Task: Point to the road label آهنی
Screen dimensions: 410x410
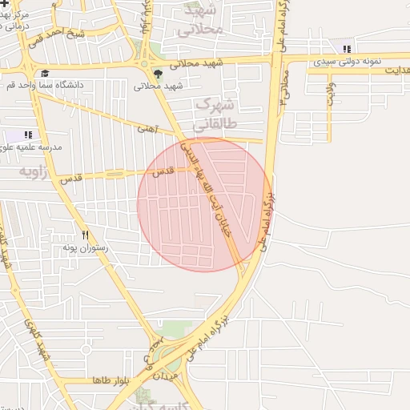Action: (147, 127)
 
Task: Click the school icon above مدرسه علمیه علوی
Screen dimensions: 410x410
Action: (28, 135)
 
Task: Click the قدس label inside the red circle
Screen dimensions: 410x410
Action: (163, 171)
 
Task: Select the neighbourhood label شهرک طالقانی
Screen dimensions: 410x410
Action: (216, 114)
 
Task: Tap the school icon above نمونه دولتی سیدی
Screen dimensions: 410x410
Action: (346, 49)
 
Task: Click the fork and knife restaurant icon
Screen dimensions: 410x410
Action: (86, 235)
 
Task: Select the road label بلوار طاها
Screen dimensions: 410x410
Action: (111, 380)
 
